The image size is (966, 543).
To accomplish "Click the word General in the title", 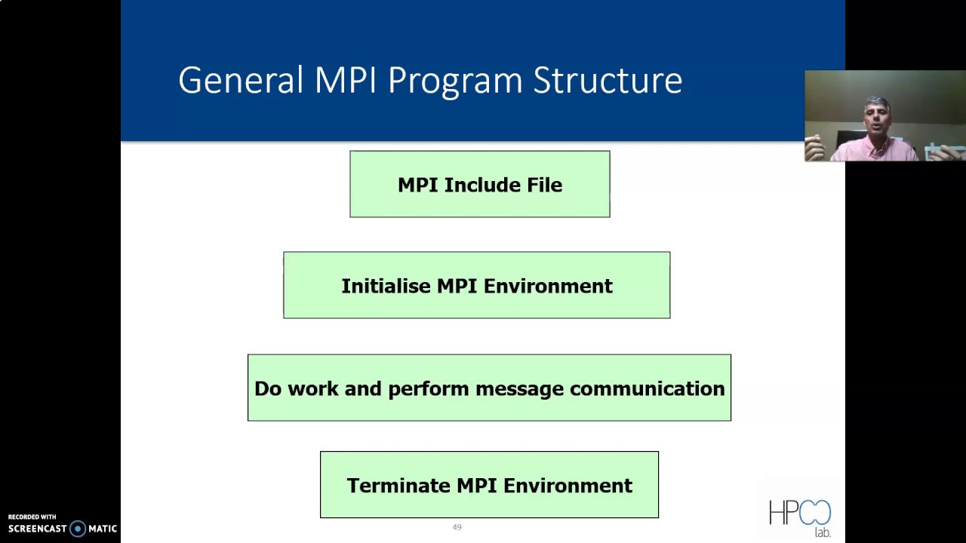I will coord(240,80).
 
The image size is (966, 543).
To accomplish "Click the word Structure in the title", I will coord(608,80).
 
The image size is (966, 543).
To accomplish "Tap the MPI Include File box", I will coord(480,185).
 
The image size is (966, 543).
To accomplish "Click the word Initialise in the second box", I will coord(386,287).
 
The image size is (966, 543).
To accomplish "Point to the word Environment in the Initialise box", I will coord(548,287).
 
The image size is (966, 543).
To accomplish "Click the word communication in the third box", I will coord(647,388).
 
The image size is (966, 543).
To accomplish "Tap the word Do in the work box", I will coord(268,388).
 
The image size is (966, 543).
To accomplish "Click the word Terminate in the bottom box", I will coord(398,486).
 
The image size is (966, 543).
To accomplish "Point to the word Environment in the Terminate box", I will coord(568,486).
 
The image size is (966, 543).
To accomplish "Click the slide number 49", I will coord(457,527).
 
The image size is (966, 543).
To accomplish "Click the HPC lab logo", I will coord(800,517).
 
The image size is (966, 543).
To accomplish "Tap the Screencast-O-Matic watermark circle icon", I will coord(77,529).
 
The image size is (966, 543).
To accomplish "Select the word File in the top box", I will coord(544,185).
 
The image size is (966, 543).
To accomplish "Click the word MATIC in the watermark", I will coord(102,529).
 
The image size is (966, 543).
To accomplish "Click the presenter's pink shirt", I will coord(875,151).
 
